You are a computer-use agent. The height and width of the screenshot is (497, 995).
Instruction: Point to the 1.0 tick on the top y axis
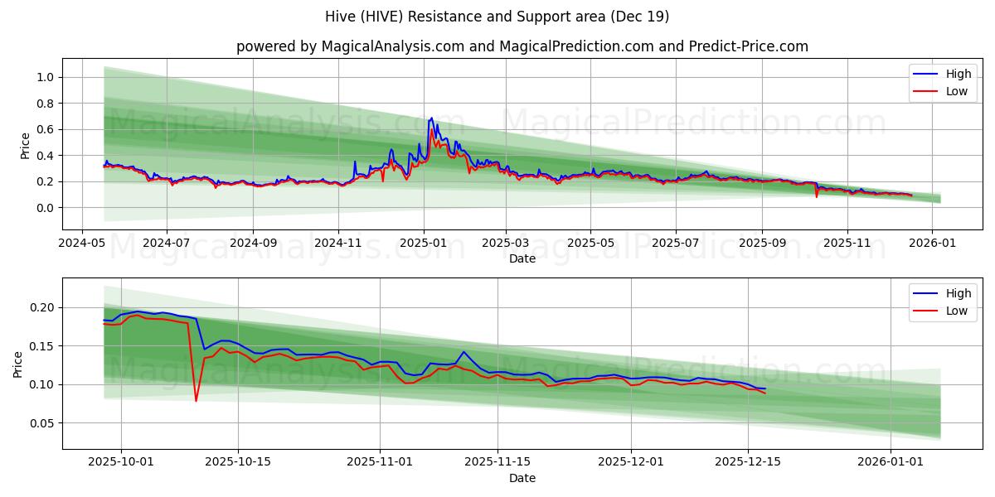[46, 77]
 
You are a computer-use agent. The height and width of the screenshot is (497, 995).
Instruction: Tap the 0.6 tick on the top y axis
[46, 129]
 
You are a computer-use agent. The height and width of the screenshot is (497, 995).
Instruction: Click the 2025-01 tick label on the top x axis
[424, 244]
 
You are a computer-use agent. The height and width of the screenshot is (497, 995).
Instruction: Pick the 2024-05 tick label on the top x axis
[81, 244]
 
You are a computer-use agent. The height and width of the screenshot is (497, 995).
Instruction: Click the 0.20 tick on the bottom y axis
[42, 307]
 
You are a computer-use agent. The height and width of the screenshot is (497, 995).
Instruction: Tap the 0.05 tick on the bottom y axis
[42, 423]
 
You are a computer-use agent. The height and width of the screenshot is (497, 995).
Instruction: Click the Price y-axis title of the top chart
[25, 146]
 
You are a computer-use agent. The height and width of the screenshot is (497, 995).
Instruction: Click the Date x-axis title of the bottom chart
[522, 478]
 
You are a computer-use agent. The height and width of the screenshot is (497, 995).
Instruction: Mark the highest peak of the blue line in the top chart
[431, 118]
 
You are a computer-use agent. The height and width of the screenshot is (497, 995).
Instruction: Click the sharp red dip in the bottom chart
[197, 401]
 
